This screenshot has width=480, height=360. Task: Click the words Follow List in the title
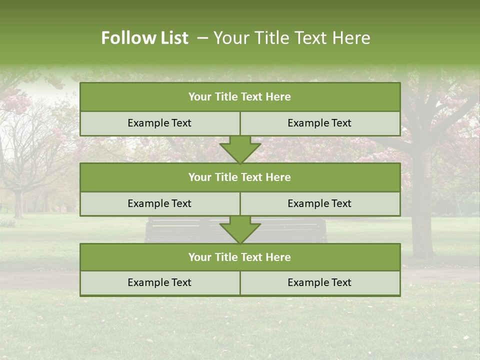144,38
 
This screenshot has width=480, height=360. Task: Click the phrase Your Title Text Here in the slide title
291,38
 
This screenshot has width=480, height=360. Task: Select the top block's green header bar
240,97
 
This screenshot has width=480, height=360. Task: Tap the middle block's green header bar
240,177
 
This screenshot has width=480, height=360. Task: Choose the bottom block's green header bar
240,257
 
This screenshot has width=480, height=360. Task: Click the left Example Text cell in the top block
159,123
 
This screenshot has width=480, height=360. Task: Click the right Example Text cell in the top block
319,123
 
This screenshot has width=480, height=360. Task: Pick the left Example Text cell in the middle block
159,203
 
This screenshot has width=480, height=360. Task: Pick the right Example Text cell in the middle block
319,203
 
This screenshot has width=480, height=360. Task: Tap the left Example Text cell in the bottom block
159,282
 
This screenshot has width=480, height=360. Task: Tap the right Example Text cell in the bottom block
319,282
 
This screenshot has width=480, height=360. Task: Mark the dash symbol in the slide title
202,38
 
